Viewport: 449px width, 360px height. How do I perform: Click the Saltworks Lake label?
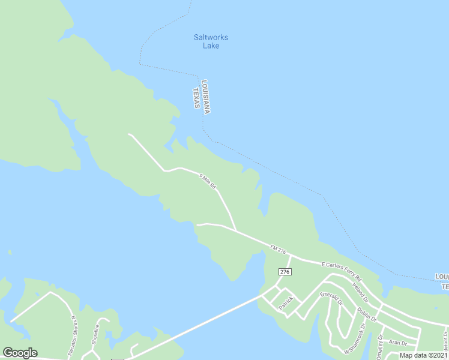tap(211, 41)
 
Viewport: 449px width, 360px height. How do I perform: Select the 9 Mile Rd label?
tap(207, 179)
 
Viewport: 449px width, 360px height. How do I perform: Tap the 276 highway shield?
tap(285, 272)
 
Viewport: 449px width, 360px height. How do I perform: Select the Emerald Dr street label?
tap(331, 299)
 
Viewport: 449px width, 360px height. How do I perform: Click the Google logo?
tap(20, 352)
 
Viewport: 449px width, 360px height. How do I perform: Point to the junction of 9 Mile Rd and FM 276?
tap(235, 230)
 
